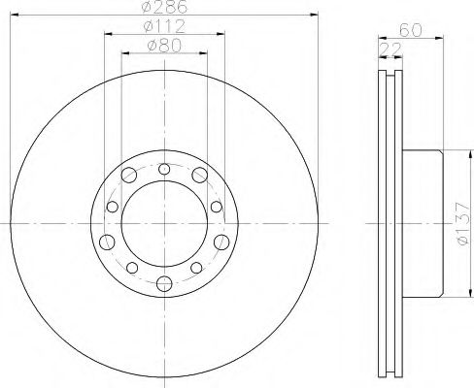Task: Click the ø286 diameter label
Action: (x=164, y=7)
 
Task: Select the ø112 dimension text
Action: (x=164, y=26)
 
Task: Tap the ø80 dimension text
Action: (x=164, y=46)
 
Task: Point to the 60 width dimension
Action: (x=411, y=30)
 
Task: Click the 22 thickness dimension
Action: (x=390, y=49)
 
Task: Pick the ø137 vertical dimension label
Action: (x=462, y=223)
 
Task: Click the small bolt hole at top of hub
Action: (x=164, y=169)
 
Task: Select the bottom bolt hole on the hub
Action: (x=164, y=283)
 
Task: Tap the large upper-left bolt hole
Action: (x=129, y=175)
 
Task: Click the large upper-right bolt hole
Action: (x=200, y=175)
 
